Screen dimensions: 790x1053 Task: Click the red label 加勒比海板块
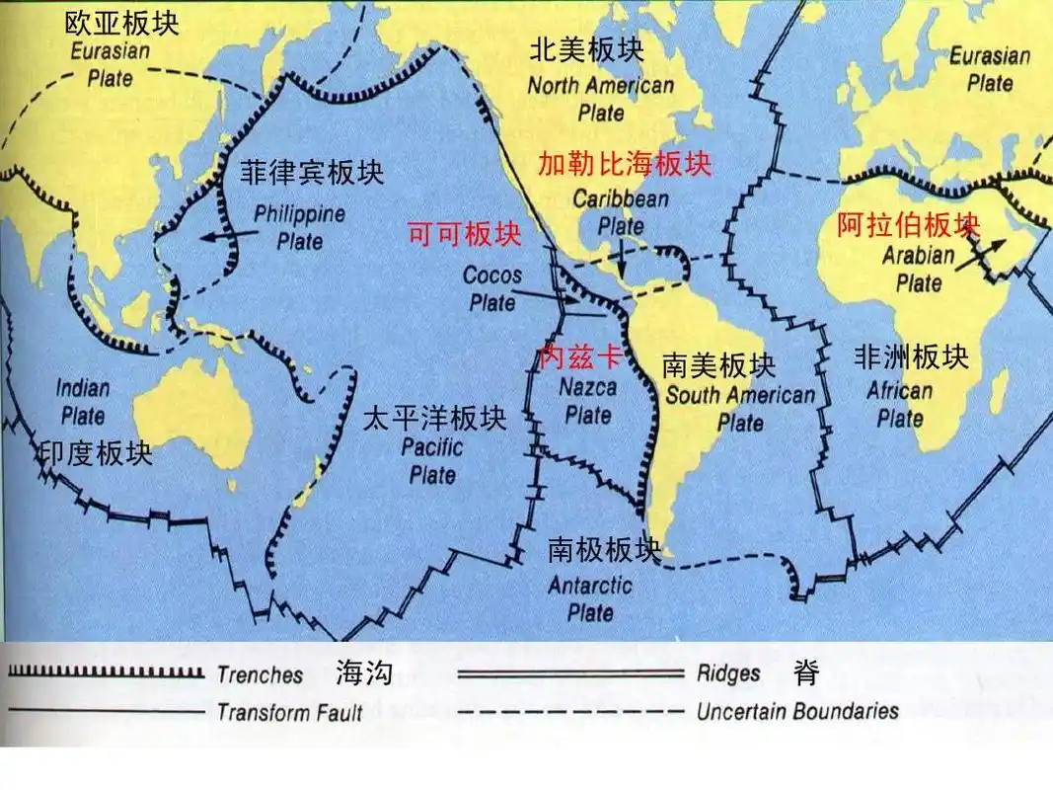[624, 164]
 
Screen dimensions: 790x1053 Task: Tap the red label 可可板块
[464, 234]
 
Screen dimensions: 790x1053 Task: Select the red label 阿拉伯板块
[908, 226]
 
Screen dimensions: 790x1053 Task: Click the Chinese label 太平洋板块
[434, 419]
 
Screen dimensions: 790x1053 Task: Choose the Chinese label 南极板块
[604, 550]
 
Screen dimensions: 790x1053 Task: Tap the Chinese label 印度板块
[95, 453]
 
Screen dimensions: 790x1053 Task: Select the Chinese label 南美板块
[719, 366]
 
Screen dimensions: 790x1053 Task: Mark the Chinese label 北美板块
[586, 49]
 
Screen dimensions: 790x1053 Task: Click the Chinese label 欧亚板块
[122, 22]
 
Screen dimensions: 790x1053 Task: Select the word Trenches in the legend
[260, 675]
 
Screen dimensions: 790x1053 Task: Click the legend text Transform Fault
[289, 712]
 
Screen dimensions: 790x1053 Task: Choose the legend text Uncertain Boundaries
[797, 711]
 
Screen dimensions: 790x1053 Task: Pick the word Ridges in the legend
[728, 673]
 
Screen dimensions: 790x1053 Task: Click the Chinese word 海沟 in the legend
[364, 674]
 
